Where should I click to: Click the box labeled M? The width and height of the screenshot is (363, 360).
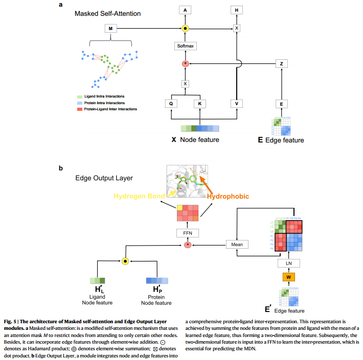coord(110,28)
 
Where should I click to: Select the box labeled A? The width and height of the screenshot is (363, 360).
coord(186,10)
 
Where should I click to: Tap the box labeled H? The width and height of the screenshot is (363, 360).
coord(236,10)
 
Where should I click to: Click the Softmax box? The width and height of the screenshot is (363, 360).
coord(186,46)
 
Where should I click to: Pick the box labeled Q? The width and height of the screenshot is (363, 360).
coord(173,104)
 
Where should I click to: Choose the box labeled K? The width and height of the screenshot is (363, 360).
coord(199,104)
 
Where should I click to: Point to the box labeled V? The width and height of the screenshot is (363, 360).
coord(236,104)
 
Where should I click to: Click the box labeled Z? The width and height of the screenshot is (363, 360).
coord(282,64)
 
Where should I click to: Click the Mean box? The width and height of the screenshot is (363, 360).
coord(237,245)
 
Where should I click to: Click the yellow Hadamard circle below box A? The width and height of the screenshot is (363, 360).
coord(186,28)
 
